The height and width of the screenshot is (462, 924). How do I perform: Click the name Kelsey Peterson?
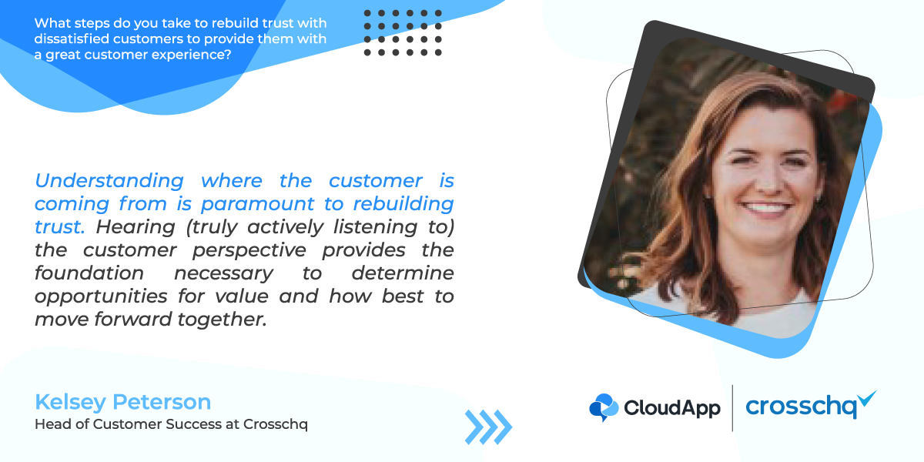tap(123, 402)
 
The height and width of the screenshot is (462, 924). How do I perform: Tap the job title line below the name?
tap(171, 424)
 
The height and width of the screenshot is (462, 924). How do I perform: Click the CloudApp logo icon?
tap(604, 407)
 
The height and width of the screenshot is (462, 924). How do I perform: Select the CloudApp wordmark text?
tap(672, 408)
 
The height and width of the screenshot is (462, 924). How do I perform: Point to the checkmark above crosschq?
tap(866, 398)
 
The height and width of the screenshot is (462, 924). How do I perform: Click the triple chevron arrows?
tap(488, 427)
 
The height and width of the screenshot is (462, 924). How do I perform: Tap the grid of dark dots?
tap(403, 33)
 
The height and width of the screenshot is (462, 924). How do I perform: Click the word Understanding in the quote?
tap(109, 181)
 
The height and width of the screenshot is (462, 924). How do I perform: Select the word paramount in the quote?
tap(258, 204)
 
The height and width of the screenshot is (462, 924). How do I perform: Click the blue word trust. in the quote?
tap(60, 227)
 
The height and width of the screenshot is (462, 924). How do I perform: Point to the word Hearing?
tap(136, 227)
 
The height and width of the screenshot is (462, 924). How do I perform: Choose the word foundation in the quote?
tap(89, 273)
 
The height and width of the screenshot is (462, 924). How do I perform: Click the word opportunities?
tap(101, 296)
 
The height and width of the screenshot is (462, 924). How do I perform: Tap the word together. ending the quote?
tap(222, 320)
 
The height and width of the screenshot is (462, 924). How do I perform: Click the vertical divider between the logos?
tap(732, 408)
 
